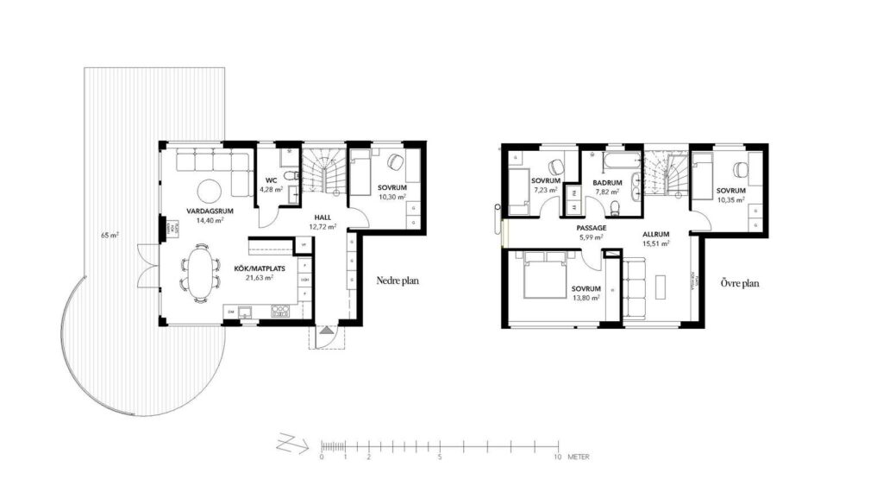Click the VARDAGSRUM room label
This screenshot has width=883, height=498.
pyautogui.click(x=206, y=210)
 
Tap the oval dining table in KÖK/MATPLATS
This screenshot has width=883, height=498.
pyautogui.click(x=200, y=272)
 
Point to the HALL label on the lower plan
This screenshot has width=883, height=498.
pyautogui.click(x=323, y=217)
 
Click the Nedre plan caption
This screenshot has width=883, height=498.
pyautogui.click(x=398, y=281)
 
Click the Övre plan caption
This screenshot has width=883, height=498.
pyautogui.click(x=740, y=282)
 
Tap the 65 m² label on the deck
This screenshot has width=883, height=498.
pyautogui.click(x=110, y=235)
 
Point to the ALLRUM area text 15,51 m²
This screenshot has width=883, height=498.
pyautogui.click(x=656, y=243)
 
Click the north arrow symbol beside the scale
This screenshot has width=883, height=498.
pyautogui.click(x=291, y=444)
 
